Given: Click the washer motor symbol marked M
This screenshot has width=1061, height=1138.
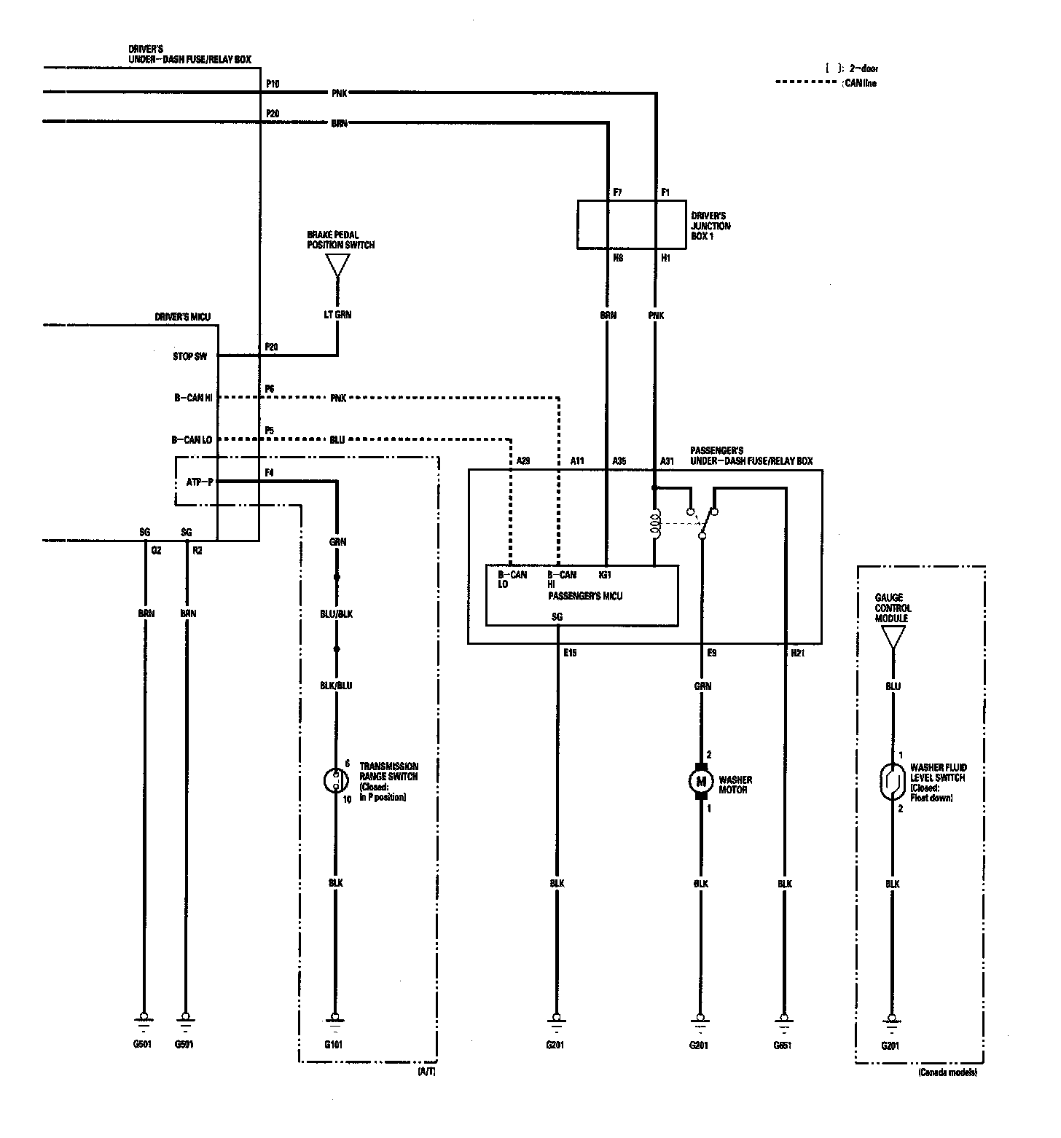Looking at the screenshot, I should tap(702, 782).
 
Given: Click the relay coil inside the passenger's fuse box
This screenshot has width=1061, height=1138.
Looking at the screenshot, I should tap(656, 525).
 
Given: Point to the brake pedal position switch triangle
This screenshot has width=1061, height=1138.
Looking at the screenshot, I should tap(337, 265).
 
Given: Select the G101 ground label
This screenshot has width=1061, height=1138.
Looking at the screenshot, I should tap(334, 1044).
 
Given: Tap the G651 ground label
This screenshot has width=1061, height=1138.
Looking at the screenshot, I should tap(783, 1044).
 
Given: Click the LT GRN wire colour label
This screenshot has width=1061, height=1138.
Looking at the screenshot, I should tap(337, 315).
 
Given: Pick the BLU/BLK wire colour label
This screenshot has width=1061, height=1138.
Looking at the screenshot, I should tap(336, 613).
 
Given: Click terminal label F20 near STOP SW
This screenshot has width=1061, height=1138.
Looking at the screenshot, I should tap(271, 347).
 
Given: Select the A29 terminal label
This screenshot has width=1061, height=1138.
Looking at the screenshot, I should tap(523, 461).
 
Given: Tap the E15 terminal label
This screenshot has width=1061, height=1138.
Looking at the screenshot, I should tap(569, 653).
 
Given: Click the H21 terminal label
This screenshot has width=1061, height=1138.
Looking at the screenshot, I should tap(797, 653).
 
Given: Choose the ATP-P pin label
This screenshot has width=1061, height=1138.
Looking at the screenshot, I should tap(200, 482).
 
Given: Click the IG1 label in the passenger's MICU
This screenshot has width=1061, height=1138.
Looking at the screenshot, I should tap(605, 574).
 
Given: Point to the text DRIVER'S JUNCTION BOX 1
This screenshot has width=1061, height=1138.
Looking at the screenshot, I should tap(710, 226).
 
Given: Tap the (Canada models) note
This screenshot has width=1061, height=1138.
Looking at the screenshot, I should tap(948, 1073).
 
